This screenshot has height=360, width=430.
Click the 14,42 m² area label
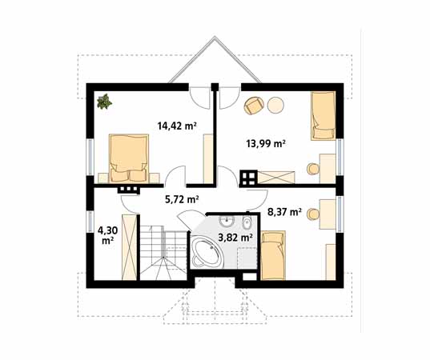click(177, 126)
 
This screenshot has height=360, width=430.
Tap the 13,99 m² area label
click(266, 143)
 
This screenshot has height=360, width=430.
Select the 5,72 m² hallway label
click(182, 199)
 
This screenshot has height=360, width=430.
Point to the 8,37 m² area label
click(284, 212)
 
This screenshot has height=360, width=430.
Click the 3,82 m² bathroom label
click(235, 238)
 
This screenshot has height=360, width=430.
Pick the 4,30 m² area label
click(108, 235)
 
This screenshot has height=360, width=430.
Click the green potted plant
click(104, 102)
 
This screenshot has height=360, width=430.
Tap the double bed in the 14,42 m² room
click(129, 158)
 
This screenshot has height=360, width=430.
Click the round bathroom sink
click(227, 220)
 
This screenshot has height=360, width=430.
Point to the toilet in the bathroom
click(247, 221)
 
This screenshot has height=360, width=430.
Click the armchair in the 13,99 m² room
click(254, 106)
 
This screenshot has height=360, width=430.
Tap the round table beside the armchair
click(275, 106)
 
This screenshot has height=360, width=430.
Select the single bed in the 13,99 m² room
click(324, 116)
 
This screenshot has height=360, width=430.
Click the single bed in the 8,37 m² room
click(273, 255)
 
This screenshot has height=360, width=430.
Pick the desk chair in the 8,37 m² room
click(313, 214)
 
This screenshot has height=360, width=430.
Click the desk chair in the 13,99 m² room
click(313, 169)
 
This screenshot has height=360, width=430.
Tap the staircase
click(163, 253)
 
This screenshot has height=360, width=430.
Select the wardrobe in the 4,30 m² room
click(129, 247)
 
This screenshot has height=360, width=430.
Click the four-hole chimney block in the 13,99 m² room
click(248, 178)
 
